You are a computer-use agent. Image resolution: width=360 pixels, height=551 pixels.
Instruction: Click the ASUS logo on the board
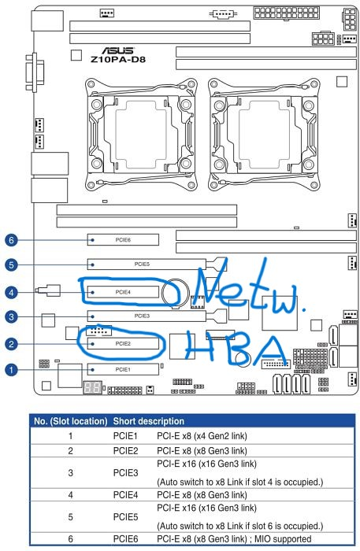click(x=118, y=50)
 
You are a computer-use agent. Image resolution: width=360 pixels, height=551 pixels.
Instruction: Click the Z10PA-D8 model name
click(x=118, y=59)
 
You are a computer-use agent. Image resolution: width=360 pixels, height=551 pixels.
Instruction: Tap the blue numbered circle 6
click(x=11, y=240)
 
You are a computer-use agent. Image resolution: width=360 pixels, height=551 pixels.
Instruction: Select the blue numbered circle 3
click(x=11, y=317)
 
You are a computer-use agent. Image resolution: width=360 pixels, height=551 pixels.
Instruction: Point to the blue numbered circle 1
click(x=11, y=370)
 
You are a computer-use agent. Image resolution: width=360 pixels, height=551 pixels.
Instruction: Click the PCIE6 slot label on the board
click(x=123, y=240)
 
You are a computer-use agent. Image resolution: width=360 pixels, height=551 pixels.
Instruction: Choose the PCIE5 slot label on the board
click(x=142, y=264)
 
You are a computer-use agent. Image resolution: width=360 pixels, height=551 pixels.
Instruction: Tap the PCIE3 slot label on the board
click(x=142, y=316)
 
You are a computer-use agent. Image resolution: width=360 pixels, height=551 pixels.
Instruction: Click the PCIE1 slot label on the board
click(x=123, y=370)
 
